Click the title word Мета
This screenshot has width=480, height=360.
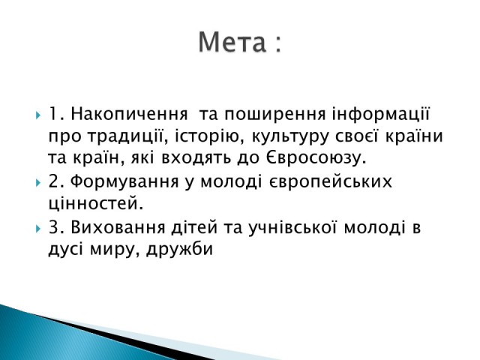[232, 42]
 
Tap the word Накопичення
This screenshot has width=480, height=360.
[129, 114]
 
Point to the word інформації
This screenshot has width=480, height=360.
[381, 114]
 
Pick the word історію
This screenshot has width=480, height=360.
[210, 136]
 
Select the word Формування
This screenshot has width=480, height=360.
[124, 181]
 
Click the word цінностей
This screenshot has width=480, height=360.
[96, 203]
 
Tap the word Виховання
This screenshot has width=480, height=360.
[118, 227]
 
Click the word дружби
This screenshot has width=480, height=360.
[179, 249]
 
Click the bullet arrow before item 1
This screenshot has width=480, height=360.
[38, 115]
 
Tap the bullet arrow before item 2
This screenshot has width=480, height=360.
[38, 183]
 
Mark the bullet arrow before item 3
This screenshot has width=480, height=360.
[38, 229]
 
